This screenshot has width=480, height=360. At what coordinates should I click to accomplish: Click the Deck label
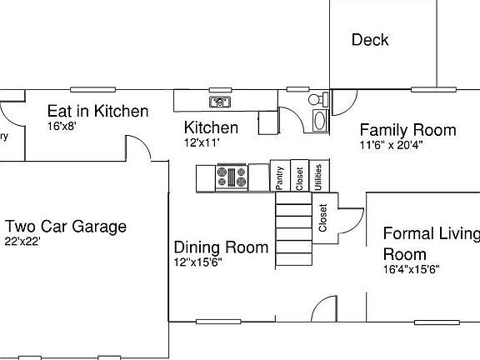(370, 40)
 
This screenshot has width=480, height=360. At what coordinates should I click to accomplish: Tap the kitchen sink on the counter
(219, 102)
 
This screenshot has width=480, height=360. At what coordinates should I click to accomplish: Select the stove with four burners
(232, 177)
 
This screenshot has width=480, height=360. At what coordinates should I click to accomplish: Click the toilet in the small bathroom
(317, 100)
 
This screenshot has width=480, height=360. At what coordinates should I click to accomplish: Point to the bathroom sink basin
(319, 120)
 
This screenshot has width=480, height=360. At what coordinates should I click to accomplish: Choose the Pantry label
(281, 177)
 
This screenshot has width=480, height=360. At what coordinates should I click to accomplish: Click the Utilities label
(317, 177)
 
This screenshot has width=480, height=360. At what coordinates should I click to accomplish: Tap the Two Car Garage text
(66, 226)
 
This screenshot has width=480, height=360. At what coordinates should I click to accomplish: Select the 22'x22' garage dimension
(22, 242)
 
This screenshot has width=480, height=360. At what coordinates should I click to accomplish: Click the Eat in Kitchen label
(97, 111)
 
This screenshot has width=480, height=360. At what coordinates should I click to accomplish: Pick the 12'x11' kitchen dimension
(202, 142)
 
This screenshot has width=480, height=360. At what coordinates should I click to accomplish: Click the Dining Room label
(221, 247)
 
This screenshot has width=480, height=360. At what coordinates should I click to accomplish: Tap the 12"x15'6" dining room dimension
(197, 262)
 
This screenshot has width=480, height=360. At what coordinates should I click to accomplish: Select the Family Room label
(407, 130)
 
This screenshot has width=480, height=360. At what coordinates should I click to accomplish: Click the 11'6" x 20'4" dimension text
(392, 144)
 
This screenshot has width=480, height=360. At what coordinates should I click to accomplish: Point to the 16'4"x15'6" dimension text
(411, 269)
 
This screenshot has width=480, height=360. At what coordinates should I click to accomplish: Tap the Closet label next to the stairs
(323, 218)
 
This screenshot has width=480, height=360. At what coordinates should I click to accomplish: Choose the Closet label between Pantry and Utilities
(299, 177)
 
